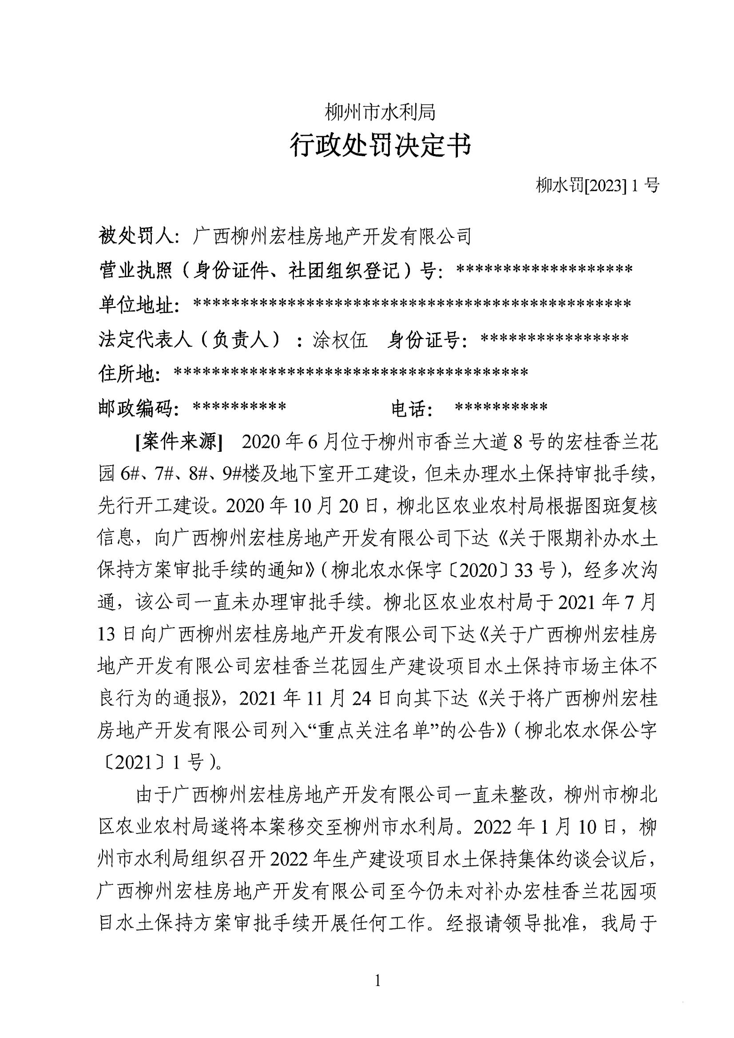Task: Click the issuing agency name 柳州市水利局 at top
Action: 381,112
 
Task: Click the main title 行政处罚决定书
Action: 381,146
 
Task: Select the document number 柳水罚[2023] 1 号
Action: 597,185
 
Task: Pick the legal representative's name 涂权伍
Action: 340,339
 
